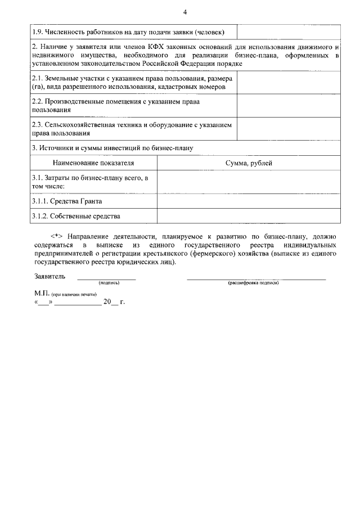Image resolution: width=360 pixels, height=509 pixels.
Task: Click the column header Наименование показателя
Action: tap(93, 163)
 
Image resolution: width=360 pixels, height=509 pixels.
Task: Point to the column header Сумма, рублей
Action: tap(248, 163)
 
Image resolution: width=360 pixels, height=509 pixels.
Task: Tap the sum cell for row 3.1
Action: tap(248, 181)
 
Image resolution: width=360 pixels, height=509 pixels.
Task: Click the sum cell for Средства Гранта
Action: tap(248, 201)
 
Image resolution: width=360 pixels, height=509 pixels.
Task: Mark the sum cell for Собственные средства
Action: tap(248, 215)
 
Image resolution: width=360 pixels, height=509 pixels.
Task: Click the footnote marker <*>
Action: tap(55, 237)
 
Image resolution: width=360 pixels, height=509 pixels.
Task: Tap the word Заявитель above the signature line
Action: tap(49, 276)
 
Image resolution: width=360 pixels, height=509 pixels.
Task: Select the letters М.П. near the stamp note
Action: tap(41, 294)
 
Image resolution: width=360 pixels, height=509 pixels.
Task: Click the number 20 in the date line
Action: tap(107, 302)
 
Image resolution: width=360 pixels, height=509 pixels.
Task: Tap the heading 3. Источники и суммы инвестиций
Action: tap(112, 148)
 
